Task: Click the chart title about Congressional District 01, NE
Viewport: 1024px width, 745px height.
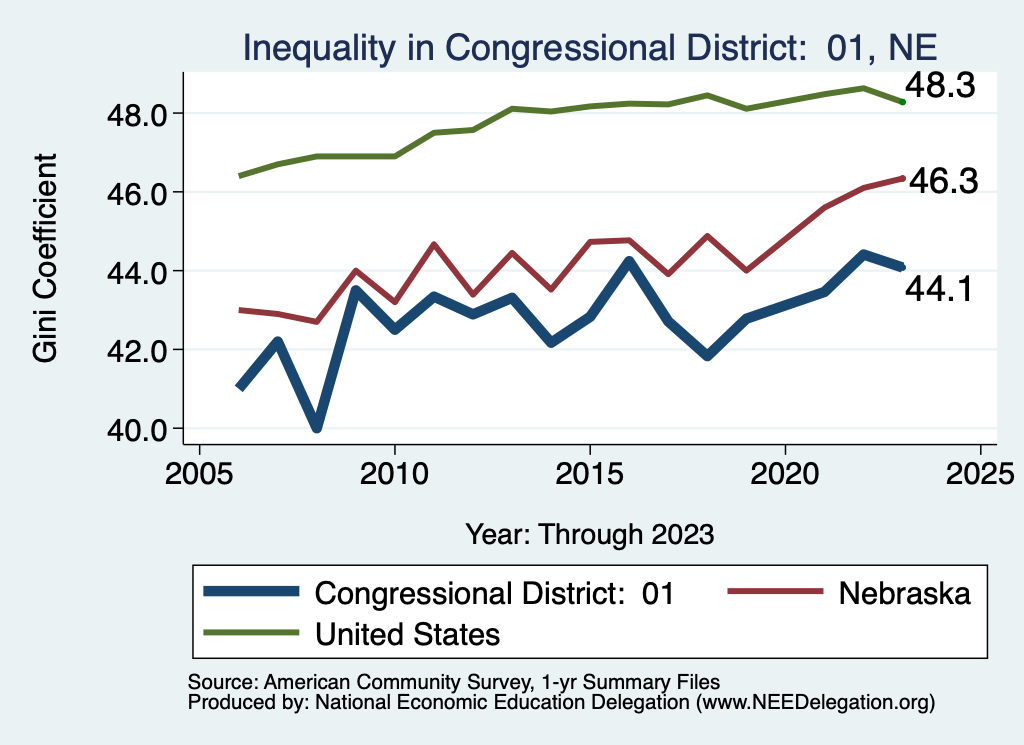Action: (589, 47)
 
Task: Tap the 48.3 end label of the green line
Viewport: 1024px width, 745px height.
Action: (940, 86)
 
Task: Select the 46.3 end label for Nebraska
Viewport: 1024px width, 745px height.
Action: (941, 181)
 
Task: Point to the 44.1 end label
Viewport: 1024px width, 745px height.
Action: (939, 290)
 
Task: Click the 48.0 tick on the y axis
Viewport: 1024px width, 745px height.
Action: (137, 114)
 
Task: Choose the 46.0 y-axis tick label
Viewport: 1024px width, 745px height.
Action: (137, 192)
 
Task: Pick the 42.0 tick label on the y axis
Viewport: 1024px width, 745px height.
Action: (137, 350)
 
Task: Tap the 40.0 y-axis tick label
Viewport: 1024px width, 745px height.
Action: (137, 429)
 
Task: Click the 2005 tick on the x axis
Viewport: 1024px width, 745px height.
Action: (199, 475)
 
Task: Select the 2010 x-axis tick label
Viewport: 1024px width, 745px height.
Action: (395, 475)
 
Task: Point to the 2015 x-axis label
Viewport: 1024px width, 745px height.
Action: (590, 475)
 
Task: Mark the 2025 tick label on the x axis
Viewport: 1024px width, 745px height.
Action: (980, 475)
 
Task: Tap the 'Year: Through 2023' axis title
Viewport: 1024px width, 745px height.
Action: (590, 534)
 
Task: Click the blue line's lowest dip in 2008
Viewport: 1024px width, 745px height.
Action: (317, 427)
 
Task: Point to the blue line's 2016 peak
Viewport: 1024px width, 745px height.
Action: (629, 262)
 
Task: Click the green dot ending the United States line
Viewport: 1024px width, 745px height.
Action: (902, 101)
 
